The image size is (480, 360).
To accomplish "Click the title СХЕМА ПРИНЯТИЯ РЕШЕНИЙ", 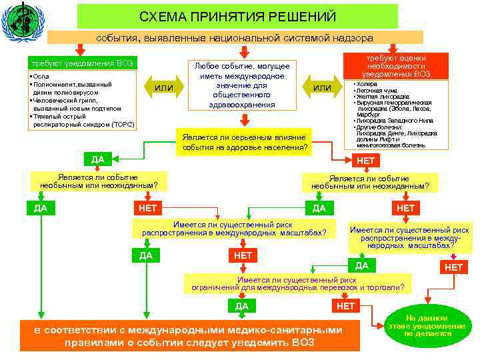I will point(238,16).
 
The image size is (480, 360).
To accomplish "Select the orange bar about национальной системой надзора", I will point(235,37).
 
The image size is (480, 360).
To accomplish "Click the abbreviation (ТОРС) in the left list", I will point(123,124).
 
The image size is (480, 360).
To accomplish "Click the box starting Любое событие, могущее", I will point(241,85).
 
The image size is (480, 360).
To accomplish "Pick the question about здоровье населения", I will point(244,142).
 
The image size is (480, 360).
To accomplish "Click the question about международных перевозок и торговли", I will point(297,283).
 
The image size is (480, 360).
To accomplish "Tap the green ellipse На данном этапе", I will point(427,325).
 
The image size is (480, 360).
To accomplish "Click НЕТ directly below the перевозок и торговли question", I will point(346,306).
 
